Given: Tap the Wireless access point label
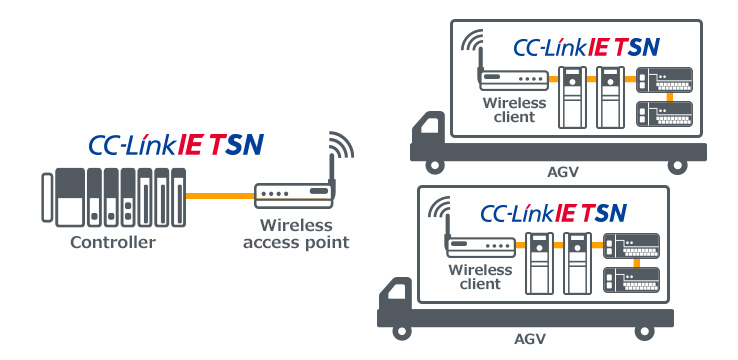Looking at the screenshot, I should pyautogui.click(x=296, y=234).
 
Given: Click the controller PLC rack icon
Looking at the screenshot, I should pyautogui.click(x=113, y=198).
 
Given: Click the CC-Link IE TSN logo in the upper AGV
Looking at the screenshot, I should pyautogui.click(x=585, y=46).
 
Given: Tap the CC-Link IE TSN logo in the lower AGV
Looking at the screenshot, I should pyautogui.click(x=553, y=212).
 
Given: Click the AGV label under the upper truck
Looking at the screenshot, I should pyautogui.click(x=564, y=173).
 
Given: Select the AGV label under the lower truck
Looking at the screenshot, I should pyautogui.click(x=532, y=340).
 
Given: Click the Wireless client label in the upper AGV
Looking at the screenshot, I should pyautogui.click(x=515, y=109).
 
